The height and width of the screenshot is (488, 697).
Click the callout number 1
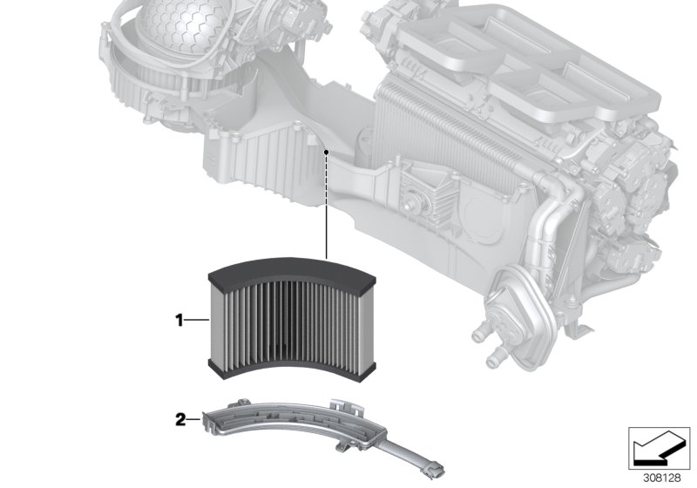click(179, 321)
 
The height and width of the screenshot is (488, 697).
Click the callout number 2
click(180, 419)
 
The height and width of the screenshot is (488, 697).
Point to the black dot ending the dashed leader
click(325, 152)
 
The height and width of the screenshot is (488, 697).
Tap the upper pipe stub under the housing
click(480, 332)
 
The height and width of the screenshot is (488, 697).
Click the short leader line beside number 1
click(198, 321)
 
